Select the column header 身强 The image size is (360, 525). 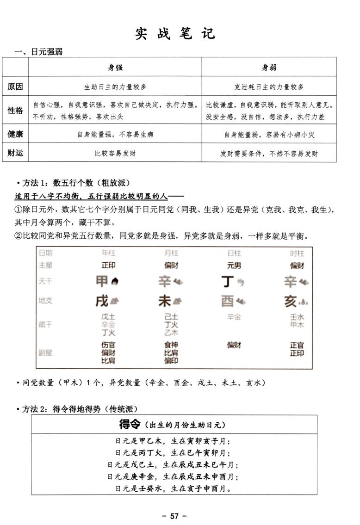point(115,68)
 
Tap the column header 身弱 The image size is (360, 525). point(269,68)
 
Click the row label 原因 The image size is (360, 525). point(15,86)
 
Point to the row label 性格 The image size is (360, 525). point(15,111)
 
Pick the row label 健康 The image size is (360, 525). point(15,134)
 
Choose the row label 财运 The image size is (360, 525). point(15,153)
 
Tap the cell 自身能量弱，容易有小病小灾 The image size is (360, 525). point(269,135)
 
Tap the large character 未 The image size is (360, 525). point(165,301)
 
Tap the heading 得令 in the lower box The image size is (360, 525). point(130,424)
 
